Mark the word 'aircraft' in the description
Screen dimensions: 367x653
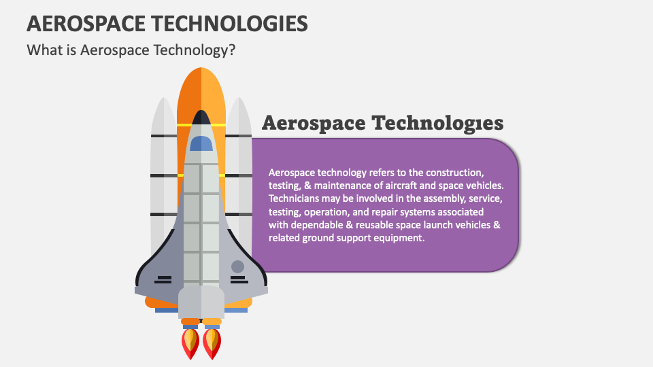pyautogui.click(x=401, y=186)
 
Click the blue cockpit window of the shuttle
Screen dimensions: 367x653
pyautogui.click(x=201, y=143)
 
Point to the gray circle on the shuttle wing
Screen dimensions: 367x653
pyautogui.click(x=237, y=266)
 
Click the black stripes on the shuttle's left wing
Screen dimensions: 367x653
pyautogui.click(x=164, y=279)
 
